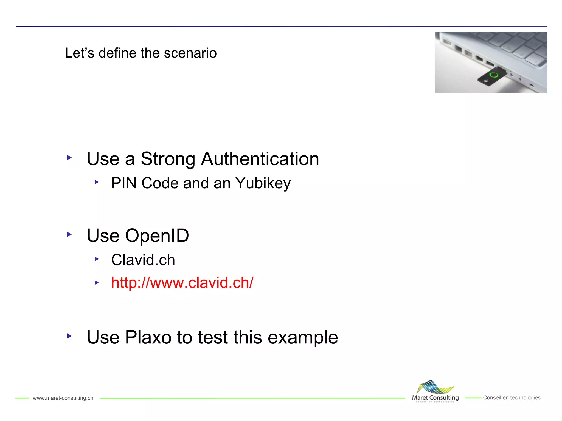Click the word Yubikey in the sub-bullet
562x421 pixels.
pos(263,183)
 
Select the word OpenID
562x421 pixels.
pos(157,235)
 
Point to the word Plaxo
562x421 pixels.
pos(148,337)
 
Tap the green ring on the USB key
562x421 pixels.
pos(494,75)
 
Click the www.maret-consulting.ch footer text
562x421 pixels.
pos(63,398)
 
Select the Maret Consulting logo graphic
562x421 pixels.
pos(435,387)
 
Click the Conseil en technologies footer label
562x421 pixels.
pos(512,398)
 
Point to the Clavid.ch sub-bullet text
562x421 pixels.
pos(143,260)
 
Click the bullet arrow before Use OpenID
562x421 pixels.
pos(69,234)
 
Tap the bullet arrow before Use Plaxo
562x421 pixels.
pos(69,336)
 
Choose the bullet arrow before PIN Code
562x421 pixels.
pos(97,182)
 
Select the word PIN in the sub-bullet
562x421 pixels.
pos(124,183)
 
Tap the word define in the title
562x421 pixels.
pos(117,53)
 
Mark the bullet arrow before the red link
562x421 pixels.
pos(97,283)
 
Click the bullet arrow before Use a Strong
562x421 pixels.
pos(69,158)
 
